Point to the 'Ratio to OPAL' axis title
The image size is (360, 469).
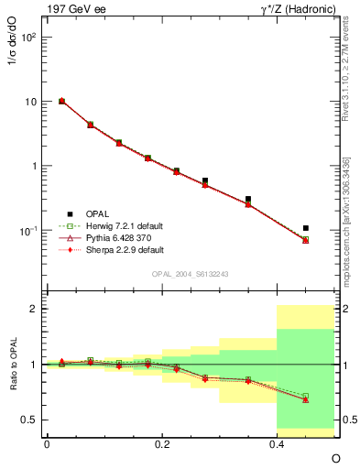click(12, 365)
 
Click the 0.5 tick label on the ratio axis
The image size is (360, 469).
click(28, 420)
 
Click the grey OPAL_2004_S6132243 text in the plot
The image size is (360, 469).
click(191, 275)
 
